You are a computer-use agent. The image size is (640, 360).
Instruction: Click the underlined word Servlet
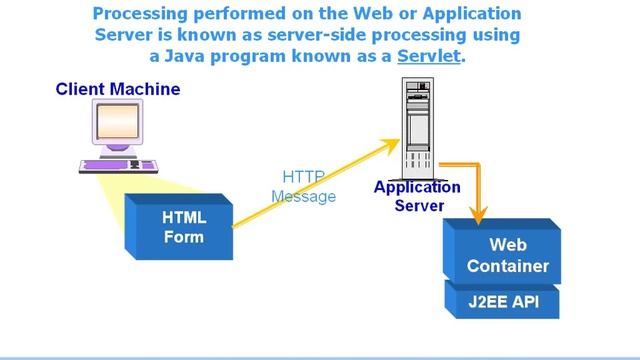429,56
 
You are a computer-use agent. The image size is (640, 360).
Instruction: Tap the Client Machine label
118,89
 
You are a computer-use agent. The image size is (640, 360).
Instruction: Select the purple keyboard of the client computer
119,164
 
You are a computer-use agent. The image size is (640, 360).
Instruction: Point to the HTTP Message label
302,187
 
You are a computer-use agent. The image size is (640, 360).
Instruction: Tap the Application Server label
417,196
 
